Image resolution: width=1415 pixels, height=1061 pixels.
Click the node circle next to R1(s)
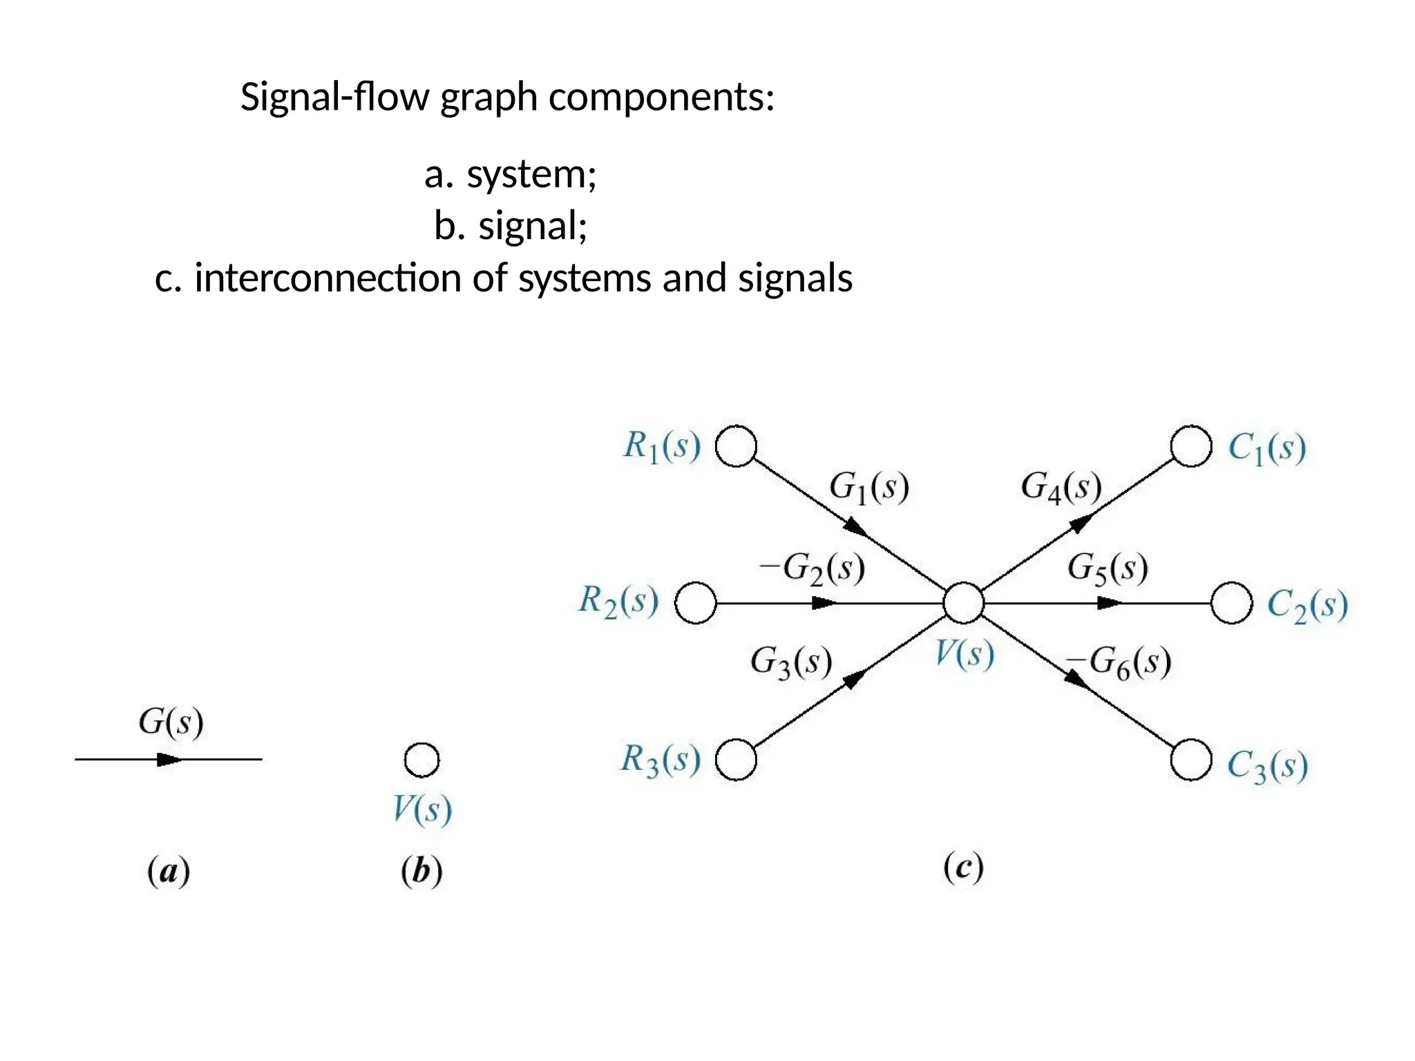point(736,446)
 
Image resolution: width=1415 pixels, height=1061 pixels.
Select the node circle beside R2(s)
point(695,603)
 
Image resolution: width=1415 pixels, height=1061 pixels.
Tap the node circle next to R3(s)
point(736,760)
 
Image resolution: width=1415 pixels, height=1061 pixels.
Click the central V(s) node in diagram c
point(964,603)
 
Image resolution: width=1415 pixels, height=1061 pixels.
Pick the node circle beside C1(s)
point(1191,446)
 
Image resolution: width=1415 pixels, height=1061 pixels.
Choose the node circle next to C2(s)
point(1232,603)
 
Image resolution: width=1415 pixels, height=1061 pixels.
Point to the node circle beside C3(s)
point(1191,760)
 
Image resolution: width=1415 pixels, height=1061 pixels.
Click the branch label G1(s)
point(868,487)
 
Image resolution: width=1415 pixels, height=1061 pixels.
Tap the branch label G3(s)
point(791,662)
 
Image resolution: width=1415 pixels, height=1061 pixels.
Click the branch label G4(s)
point(1061,487)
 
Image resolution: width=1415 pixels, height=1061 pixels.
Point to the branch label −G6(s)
point(1119,662)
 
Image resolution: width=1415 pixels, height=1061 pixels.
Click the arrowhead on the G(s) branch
point(169,760)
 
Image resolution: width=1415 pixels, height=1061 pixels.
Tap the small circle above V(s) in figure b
point(421,760)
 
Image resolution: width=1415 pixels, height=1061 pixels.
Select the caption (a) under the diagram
point(169,871)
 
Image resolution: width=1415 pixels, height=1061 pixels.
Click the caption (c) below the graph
point(963,867)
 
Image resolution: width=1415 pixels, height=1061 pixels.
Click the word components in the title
point(662,97)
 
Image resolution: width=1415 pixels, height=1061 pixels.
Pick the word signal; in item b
point(533,226)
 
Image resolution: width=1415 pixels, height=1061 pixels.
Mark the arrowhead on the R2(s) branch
point(824,603)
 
